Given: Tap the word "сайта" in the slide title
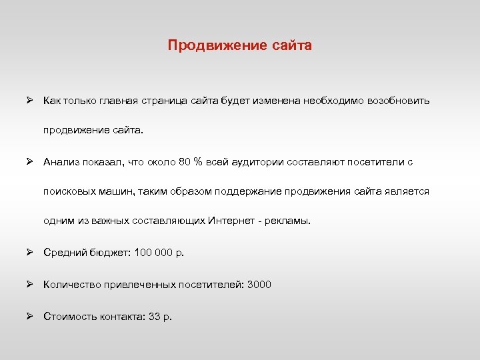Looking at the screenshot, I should tap(292, 46).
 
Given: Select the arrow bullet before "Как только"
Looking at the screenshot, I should tap(30, 101).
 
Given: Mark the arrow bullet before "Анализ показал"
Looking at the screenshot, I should tap(30, 161).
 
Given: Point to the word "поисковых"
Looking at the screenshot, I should tap(68, 191).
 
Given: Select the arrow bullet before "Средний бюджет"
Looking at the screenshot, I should tap(30, 252).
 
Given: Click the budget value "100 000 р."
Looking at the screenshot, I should tap(159, 252).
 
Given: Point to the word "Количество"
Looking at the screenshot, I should tap(71, 285).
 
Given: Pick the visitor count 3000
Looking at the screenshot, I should tap(259, 285).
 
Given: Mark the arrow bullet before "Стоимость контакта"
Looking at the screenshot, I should tap(30, 316).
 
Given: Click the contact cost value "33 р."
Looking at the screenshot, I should tap(160, 316).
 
